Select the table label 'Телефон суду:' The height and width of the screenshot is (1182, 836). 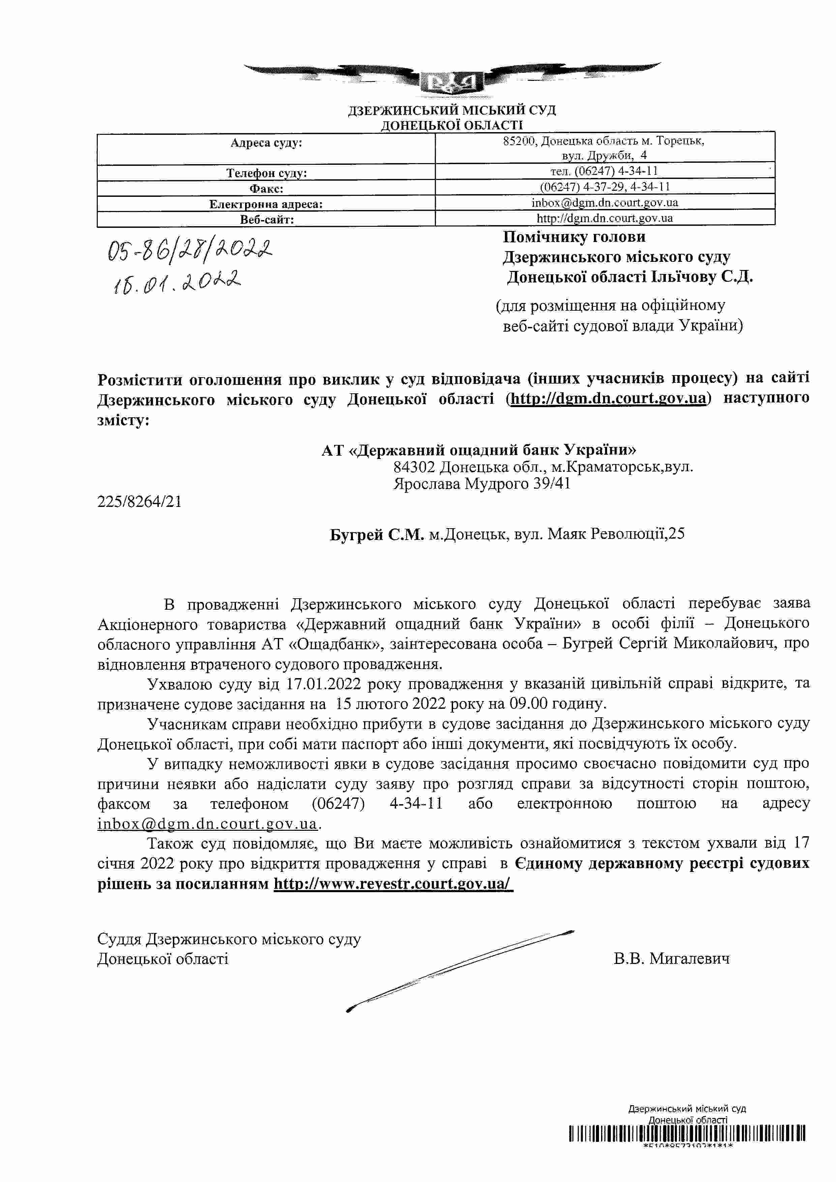[x=266, y=173]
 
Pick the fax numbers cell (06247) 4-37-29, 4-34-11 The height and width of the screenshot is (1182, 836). [x=604, y=186]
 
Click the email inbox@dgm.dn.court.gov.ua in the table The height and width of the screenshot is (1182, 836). [x=604, y=202]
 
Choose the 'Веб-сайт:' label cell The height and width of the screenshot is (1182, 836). [x=266, y=220]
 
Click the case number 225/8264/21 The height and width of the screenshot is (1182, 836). [x=139, y=502]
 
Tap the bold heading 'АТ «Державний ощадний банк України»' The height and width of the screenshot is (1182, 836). [x=478, y=450]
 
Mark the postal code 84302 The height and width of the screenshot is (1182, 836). [x=414, y=467]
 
